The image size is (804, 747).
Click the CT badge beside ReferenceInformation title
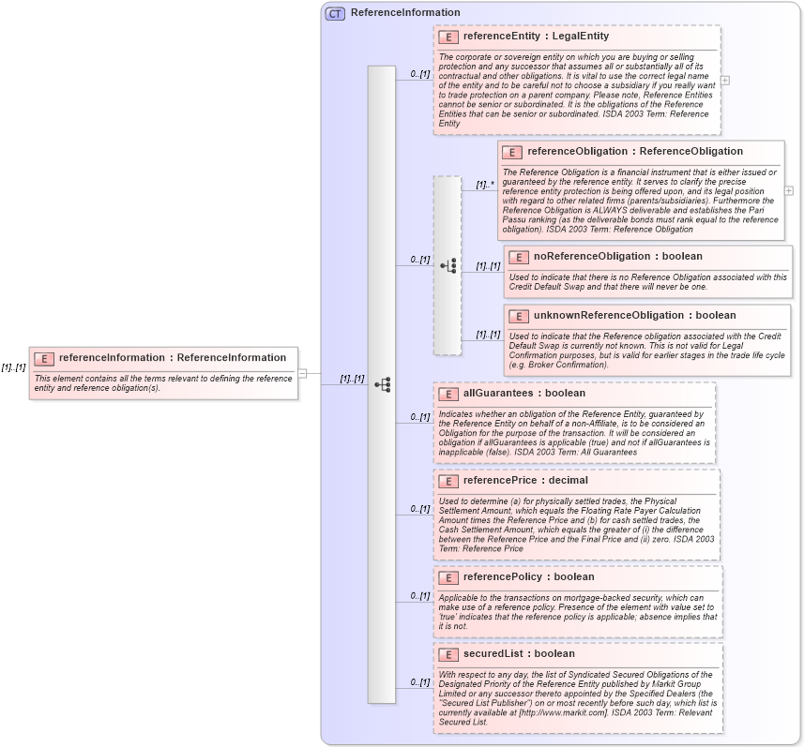pyautogui.click(x=335, y=13)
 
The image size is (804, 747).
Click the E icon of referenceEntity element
pyautogui.click(x=448, y=37)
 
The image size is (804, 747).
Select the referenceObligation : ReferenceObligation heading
pyautogui.click(x=635, y=151)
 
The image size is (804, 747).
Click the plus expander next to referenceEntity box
pyautogui.click(x=725, y=81)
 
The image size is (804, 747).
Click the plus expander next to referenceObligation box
pyautogui.click(x=789, y=190)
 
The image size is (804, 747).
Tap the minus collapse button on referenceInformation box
pyautogui.click(x=303, y=373)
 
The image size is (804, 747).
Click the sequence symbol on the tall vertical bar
pyautogui.click(x=382, y=384)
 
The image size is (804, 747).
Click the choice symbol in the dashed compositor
pyautogui.click(x=448, y=266)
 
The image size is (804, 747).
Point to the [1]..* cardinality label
pyautogui.click(x=484, y=185)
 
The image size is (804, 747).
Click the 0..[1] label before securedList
pyautogui.click(x=419, y=682)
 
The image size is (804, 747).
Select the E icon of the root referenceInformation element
pyautogui.click(x=43, y=358)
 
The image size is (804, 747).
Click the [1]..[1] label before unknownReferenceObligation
pyautogui.click(x=488, y=335)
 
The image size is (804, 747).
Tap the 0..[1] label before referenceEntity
pyautogui.click(x=419, y=74)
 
